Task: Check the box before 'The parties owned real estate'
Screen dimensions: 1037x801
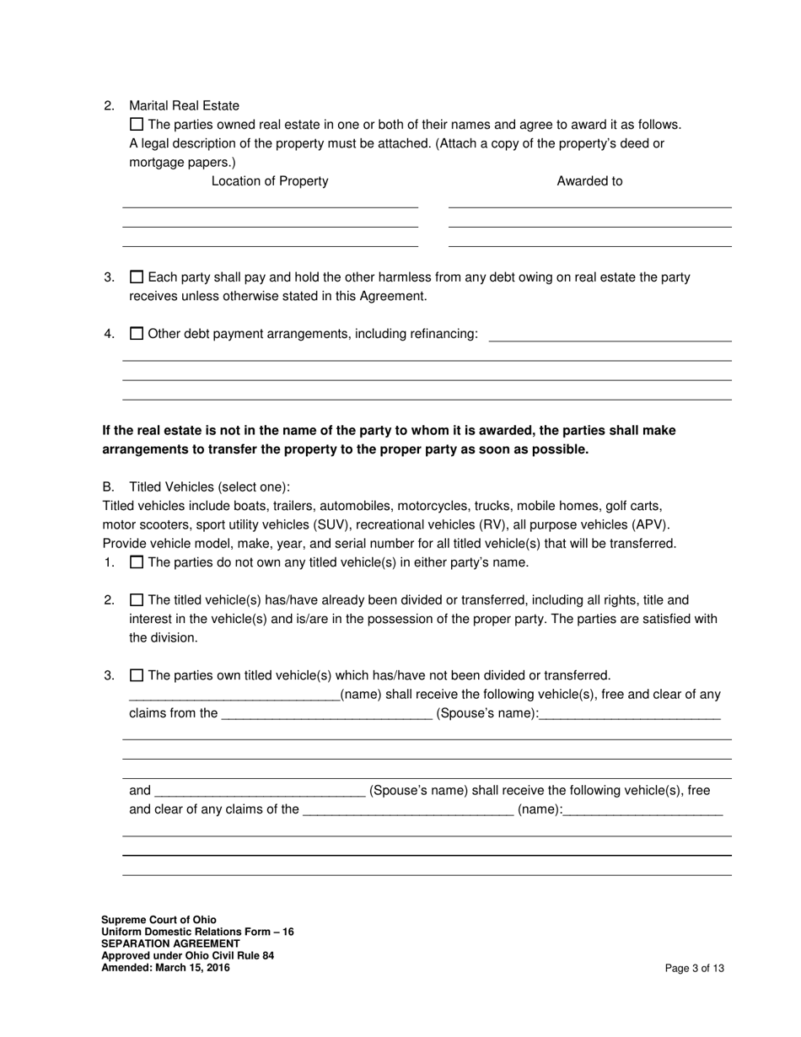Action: (137, 124)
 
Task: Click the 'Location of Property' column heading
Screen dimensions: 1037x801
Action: (270, 181)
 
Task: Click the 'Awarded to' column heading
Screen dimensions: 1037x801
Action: (589, 181)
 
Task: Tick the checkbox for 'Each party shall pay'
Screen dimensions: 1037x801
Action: (137, 277)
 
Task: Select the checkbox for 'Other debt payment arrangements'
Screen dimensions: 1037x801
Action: (137, 333)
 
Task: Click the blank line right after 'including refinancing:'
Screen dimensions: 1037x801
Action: (610, 335)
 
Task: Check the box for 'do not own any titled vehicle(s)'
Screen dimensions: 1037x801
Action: (137, 562)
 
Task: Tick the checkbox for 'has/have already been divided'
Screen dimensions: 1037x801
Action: (137, 600)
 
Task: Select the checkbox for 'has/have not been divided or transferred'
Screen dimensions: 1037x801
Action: (137, 675)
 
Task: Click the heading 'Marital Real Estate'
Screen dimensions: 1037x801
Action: (184, 105)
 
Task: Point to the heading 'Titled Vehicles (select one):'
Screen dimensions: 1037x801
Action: (209, 487)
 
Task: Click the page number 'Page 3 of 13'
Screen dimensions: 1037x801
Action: (694, 969)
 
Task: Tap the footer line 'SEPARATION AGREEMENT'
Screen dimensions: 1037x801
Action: (170, 943)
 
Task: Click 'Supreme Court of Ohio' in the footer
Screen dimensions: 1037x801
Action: (159, 920)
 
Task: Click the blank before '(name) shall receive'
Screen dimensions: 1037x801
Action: (234, 696)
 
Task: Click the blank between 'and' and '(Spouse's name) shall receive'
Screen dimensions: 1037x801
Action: (260, 792)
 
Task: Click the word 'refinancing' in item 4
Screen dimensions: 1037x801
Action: (444, 334)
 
